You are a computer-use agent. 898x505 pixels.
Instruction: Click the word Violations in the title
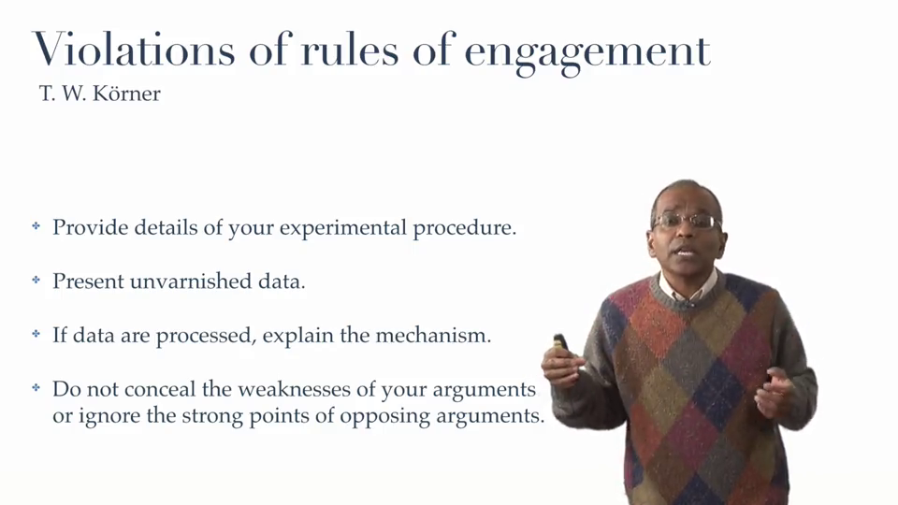coord(134,50)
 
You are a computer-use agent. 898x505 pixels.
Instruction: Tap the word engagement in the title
coord(587,52)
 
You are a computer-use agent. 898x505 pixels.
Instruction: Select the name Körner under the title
coord(126,94)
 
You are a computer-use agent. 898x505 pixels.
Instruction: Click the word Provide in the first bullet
coord(91,227)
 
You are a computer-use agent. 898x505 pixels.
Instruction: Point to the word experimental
coord(343,228)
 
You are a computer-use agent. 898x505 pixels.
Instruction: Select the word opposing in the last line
coord(384,416)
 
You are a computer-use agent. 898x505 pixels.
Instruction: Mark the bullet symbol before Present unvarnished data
coord(36,280)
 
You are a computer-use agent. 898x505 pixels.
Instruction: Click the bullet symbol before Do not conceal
coord(36,388)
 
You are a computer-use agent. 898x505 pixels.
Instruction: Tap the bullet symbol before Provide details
coord(36,226)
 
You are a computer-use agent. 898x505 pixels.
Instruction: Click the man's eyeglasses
coord(686,221)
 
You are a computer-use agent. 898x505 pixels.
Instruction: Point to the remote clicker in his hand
coord(559,342)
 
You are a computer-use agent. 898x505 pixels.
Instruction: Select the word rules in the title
coord(349,50)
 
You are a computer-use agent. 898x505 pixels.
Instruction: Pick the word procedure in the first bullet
coord(465,228)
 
